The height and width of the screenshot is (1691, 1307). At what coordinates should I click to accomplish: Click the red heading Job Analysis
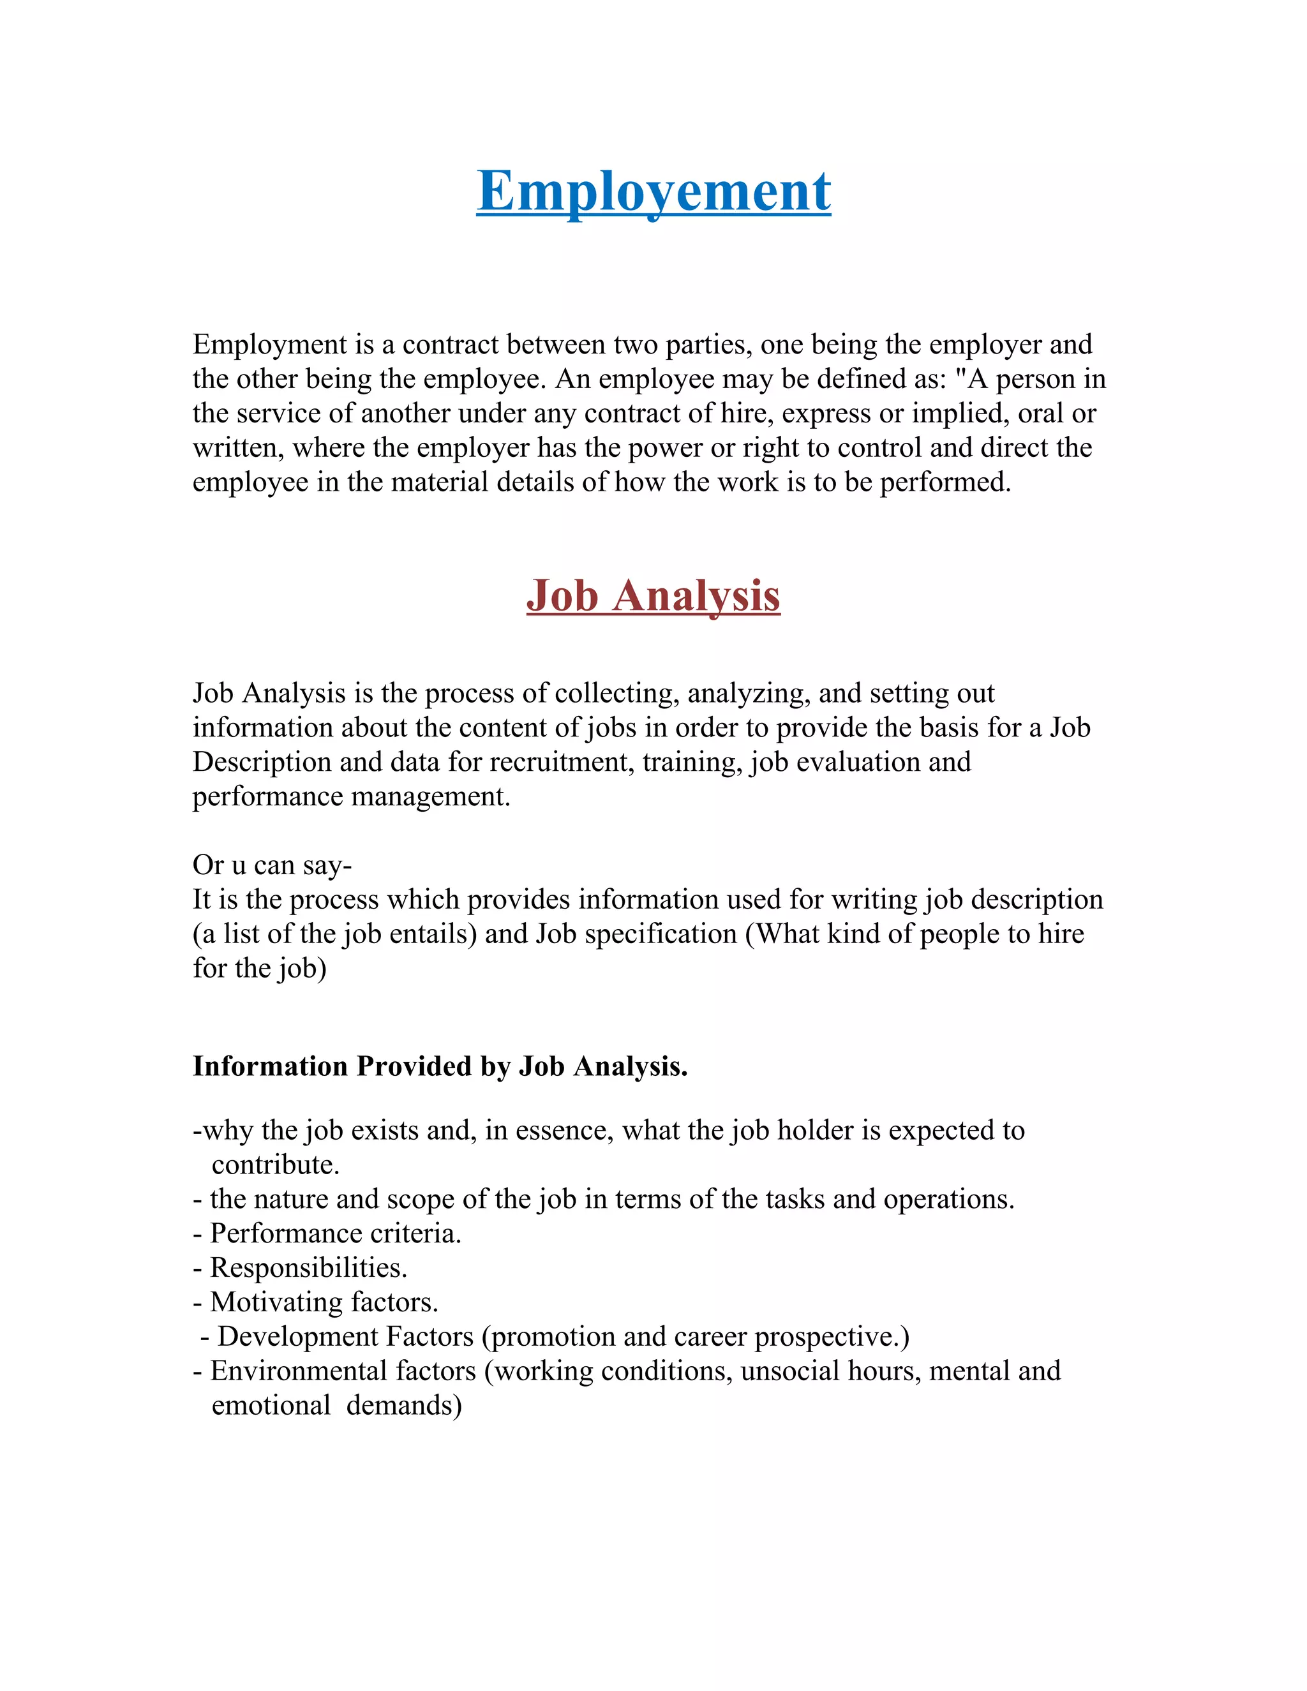pos(653,596)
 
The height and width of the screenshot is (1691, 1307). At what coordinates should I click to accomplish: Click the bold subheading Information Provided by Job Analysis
pos(440,1066)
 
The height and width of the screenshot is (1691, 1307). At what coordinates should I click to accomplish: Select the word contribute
pos(276,1165)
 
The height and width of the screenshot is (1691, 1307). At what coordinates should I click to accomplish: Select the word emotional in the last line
pos(271,1404)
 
